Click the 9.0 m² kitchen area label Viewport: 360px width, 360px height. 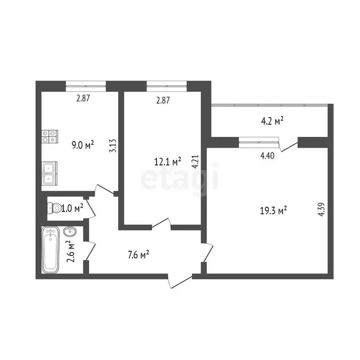coord(82,145)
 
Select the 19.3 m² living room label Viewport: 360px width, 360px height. coord(274,211)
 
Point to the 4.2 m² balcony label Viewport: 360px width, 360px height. coord(272,121)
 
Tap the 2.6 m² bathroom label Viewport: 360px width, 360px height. coord(71,251)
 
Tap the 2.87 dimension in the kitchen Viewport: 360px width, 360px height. coord(83,98)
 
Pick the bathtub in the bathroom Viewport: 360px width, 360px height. coord(51,249)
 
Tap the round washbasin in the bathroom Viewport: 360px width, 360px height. coord(70,231)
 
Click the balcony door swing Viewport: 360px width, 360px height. coord(288,145)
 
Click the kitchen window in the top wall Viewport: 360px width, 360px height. coord(86,85)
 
